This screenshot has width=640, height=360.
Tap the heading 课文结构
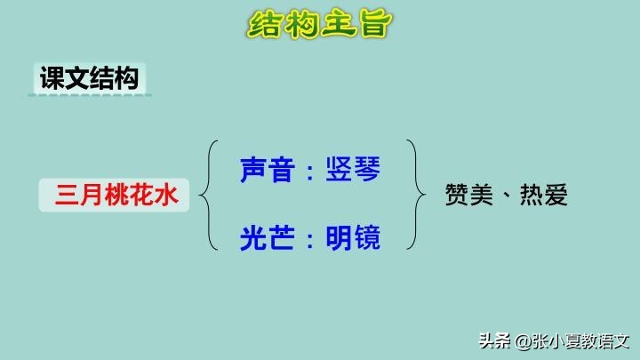pos(88,78)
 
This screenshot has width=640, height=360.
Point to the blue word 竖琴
pos(353,169)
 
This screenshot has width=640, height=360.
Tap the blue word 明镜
pos(353,237)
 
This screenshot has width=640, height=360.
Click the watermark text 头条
pos(493,340)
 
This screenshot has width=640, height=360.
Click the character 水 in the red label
pos(168,195)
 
